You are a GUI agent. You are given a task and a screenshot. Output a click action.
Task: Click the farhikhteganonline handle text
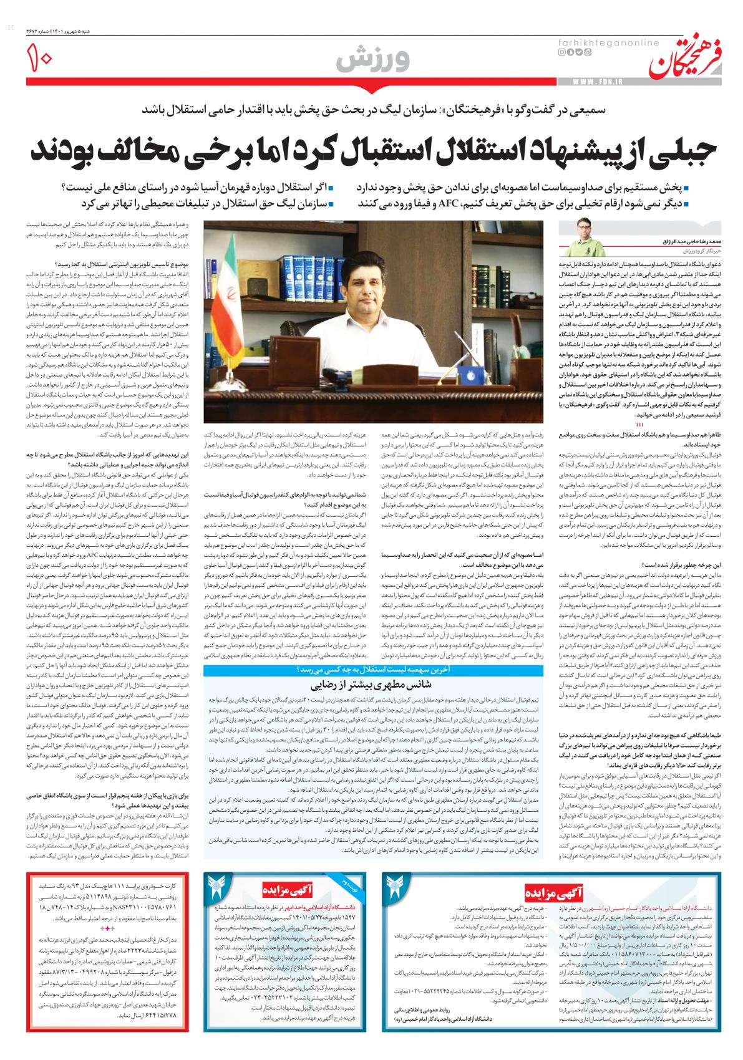point(598,41)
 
